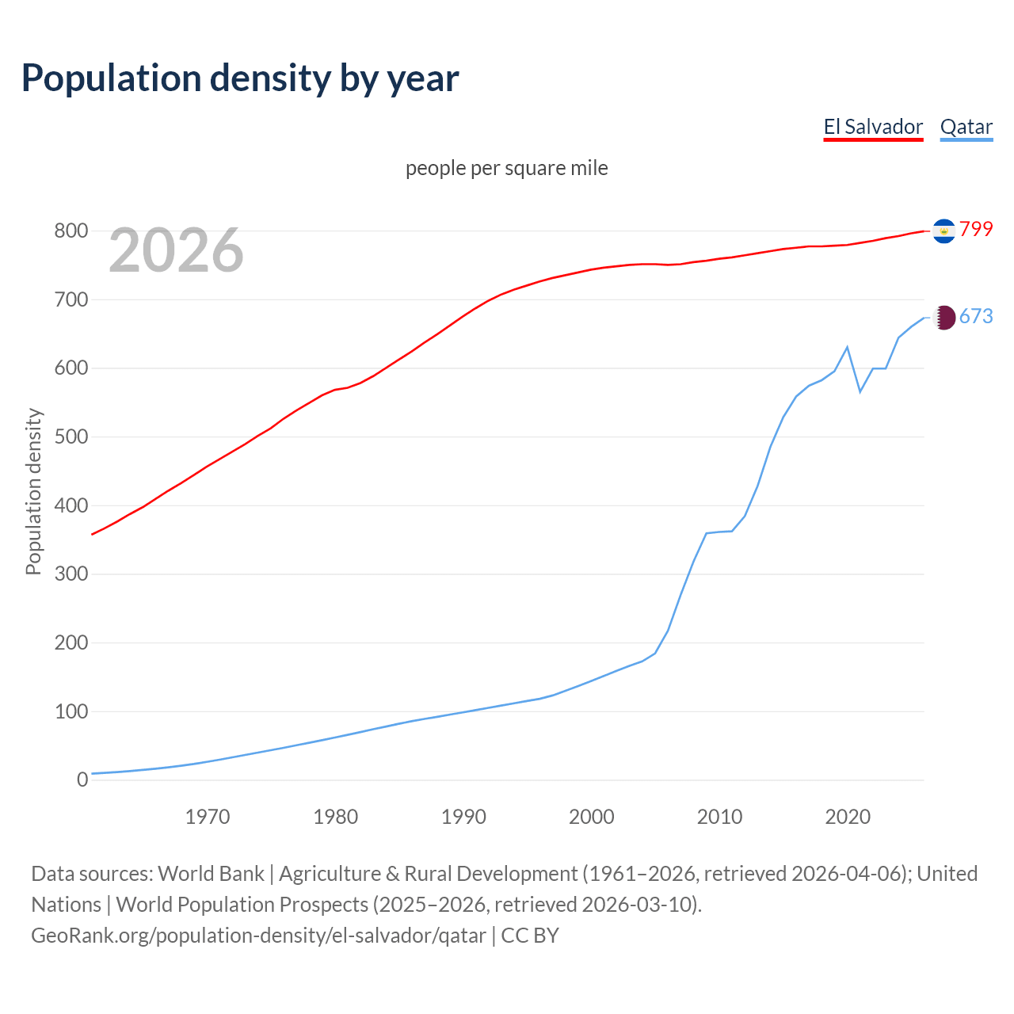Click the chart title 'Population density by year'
(240, 78)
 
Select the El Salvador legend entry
(873, 127)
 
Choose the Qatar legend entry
(966, 127)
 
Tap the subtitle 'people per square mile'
(506, 168)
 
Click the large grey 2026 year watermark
(176, 250)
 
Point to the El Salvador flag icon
(943, 231)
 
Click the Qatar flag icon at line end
(943, 318)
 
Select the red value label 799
(976, 229)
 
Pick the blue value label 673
(976, 316)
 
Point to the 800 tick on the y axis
(71, 231)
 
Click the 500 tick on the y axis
(71, 437)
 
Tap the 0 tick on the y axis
(82, 780)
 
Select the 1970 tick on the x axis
(208, 817)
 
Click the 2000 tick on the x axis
(592, 817)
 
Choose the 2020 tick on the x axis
(848, 817)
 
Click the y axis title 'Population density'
(33, 491)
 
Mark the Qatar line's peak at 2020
(848, 347)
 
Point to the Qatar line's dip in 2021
(860, 391)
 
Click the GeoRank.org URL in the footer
(258, 936)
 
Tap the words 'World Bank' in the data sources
(211, 874)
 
